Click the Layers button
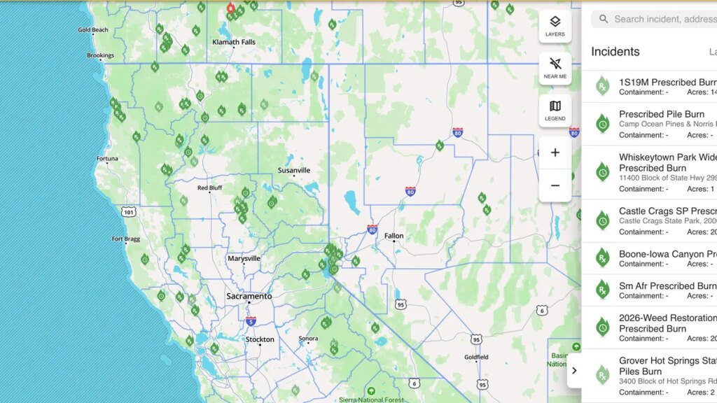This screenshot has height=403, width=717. [x=555, y=26]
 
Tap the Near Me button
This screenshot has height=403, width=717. [x=555, y=68]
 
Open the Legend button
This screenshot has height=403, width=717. [x=555, y=111]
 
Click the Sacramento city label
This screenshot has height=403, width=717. [x=249, y=297]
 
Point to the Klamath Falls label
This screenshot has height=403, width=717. [x=234, y=42]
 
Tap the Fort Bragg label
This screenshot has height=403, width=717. [x=126, y=239]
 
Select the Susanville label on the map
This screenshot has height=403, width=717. [x=294, y=171]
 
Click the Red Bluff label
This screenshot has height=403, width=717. [x=209, y=188]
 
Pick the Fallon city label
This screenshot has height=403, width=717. [x=394, y=236]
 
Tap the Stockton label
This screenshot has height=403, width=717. [x=260, y=340]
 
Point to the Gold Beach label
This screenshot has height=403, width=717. [x=93, y=30]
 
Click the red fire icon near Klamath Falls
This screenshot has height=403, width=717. [x=230, y=8]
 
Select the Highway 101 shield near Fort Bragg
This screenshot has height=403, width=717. [x=128, y=211]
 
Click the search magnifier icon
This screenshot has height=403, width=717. [x=603, y=19]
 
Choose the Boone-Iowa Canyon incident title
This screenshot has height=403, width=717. [x=667, y=254]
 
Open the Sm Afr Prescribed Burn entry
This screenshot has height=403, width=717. [x=667, y=285]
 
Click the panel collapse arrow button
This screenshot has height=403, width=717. [x=574, y=370]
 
